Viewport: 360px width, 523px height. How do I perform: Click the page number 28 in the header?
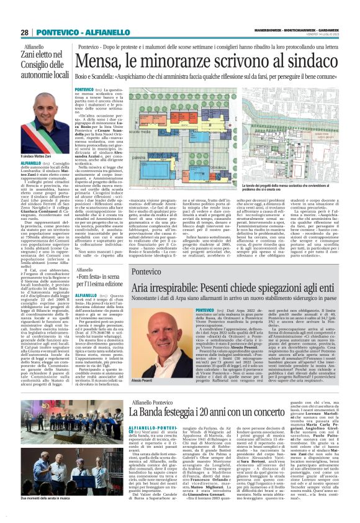point(24,32)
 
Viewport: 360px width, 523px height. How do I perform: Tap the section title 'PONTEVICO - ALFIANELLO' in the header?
point(78,32)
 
